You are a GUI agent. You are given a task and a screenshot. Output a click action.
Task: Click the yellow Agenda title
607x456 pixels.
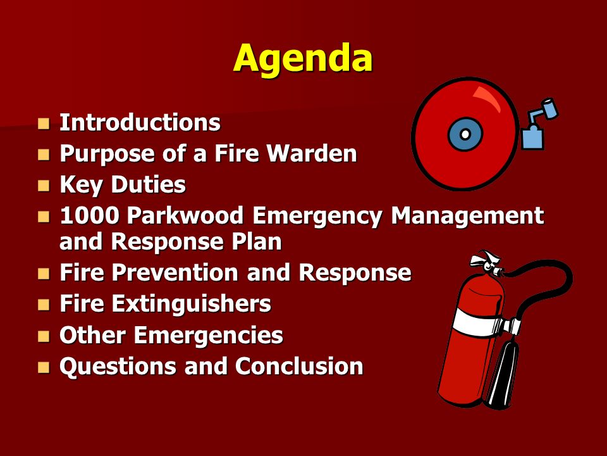click(x=303, y=60)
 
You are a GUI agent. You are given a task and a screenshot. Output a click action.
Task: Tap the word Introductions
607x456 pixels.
click(x=140, y=122)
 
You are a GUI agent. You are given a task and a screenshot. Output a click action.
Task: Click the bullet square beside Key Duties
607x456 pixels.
click(x=44, y=186)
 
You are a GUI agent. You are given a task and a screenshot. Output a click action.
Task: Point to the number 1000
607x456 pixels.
click(x=89, y=215)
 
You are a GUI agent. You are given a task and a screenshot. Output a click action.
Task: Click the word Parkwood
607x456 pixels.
click(x=185, y=215)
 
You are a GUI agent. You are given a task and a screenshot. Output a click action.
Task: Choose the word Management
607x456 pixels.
click(x=467, y=215)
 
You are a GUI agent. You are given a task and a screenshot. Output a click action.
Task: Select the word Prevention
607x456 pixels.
click(x=175, y=272)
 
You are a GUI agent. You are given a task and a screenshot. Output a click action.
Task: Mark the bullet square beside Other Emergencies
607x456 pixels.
click(x=44, y=336)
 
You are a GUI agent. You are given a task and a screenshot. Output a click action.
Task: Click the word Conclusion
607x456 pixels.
click(x=299, y=367)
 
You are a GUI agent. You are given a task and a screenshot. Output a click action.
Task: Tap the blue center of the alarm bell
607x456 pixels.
click(x=465, y=134)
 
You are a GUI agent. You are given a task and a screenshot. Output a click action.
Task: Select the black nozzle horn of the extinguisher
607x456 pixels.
click(x=502, y=374)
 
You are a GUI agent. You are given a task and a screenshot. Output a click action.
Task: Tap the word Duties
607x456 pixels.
click(x=148, y=184)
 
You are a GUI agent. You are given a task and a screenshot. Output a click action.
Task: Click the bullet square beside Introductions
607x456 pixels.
click(x=44, y=123)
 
